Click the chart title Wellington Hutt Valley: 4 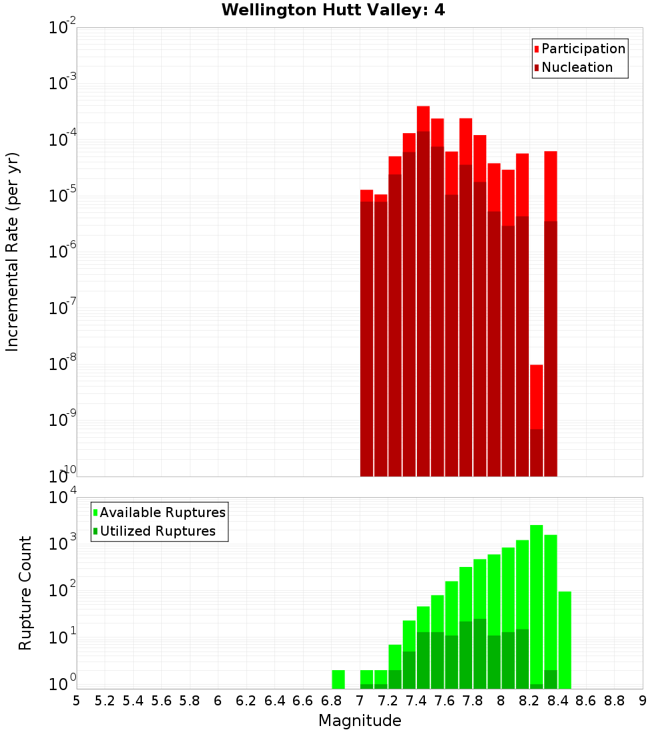click(333, 10)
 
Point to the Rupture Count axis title click(25, 593)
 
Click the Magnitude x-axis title click(360, 721)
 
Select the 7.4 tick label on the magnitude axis click(416, 701)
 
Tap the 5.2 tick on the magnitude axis click(105, 701)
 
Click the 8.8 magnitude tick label click(615, 701)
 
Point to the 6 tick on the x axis click(218, 701)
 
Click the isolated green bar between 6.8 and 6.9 click(338, 679)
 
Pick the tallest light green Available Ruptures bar click(536, 599)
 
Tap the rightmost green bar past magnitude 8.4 click(565, 639)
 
